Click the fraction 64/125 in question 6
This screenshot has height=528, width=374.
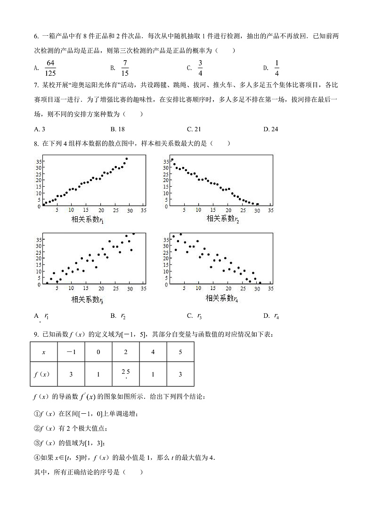click(x=50, y=68)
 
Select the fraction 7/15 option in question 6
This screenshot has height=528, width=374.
click(x=125, y=68)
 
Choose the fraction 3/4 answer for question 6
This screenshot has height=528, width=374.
click(x=200, y=68)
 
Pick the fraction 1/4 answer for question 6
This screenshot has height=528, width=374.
click(x=276, y=68)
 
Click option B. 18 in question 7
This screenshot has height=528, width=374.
click(x=117, y=129)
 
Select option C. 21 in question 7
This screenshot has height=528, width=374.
click(x=194, y=129)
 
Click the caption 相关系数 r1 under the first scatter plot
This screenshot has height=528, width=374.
click(x=87, y=220)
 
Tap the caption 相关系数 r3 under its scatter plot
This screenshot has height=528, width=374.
click(x=87, y=299)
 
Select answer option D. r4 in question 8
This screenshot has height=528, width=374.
click(x=271, y=316)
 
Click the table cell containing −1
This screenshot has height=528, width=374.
click(x=71, y=352)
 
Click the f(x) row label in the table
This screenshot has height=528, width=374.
click(x=44, y=374)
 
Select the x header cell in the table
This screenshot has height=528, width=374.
click(x=44, y=352)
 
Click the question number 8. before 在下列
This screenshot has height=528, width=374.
click(x=37, y=143)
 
